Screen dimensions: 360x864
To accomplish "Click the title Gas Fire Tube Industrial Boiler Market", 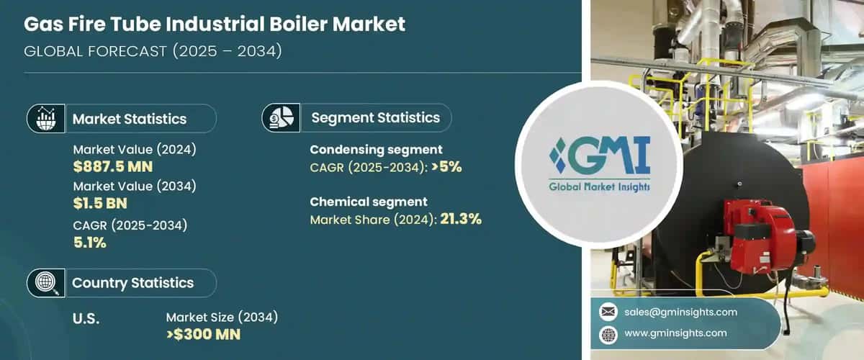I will tap(215, 24).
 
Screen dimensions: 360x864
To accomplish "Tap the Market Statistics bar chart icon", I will tap(45, 119).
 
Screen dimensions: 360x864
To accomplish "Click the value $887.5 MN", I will tap(112, 167).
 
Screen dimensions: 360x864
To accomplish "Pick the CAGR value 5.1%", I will tap(90, 243).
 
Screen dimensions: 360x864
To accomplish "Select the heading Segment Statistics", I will tap(375, 118).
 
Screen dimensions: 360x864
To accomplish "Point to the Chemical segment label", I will tap(369, 202).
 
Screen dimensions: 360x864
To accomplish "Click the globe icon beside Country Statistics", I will tap(45, 283).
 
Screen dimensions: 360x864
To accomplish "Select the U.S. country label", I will tap(86, 318).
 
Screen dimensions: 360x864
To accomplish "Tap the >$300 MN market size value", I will tap(203, 334).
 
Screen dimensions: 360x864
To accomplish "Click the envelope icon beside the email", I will tap(608, 312).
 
